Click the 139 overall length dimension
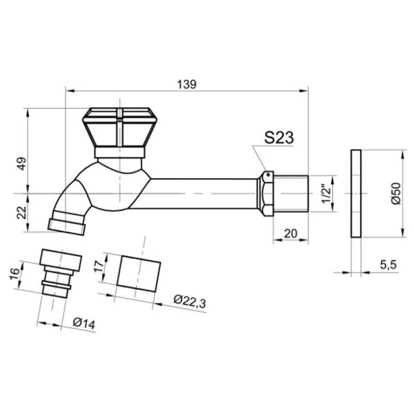click(187, 84)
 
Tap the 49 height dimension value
click(22, 164)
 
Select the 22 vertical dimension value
click(22, 212)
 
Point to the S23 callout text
click(279, 138)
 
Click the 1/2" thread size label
click(326, 194)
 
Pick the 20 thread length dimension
click(290, 233)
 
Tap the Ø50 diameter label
click(396, 194)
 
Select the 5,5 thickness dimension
click(388, 264)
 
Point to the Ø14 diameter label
click(84, 324)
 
